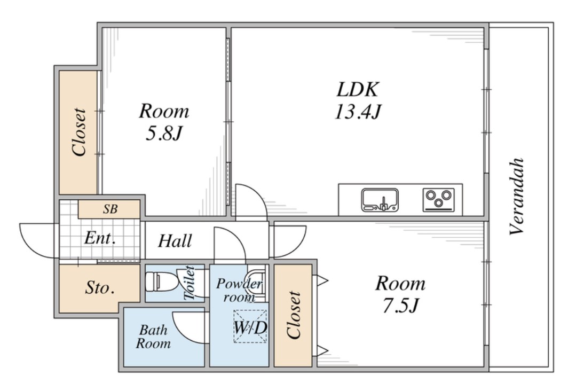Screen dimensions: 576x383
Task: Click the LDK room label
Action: coord(357,89)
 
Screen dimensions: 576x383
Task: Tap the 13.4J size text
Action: coord(357,112)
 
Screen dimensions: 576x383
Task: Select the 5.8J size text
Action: coord(164,133)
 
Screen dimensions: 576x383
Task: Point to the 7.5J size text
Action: coord(400,305)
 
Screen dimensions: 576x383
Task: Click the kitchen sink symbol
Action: coord(380,200)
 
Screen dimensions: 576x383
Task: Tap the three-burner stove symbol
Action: coord(438,200)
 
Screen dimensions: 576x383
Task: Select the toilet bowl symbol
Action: coord(161,282)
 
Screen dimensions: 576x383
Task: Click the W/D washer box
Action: coord(250,327)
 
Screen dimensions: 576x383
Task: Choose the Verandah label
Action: coord(517,196)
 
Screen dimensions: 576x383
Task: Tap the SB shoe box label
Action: coord(110,209)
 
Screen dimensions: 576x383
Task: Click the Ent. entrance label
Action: coord(100,238)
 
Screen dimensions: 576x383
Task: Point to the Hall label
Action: coord(175,241)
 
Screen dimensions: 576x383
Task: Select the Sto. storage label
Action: coord(99,287)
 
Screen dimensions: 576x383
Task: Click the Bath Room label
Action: coord(153,337)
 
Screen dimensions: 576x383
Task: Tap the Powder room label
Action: coord(240,290)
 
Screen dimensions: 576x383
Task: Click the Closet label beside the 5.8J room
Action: coord(79,131)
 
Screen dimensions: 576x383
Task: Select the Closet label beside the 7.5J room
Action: coord(294,315)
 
